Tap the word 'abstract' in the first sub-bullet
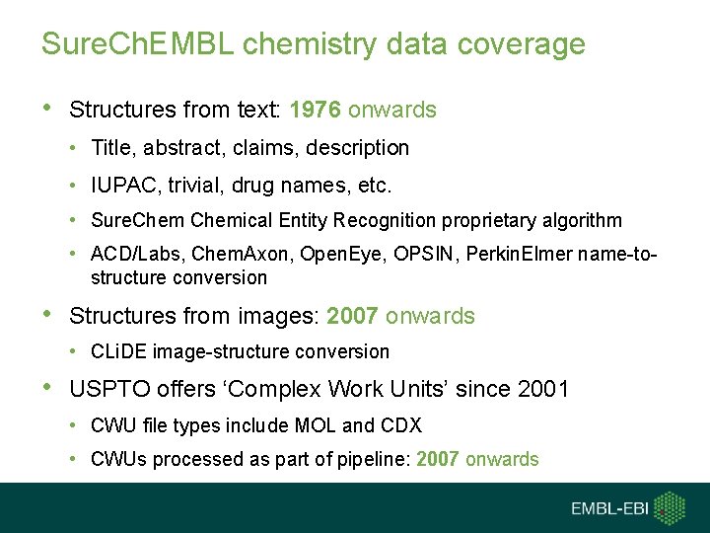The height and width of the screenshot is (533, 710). click(x=179, y=148)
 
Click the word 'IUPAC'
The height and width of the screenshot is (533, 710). click(x=120, y=185)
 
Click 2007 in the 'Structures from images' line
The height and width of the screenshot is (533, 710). click(x=352, y=317)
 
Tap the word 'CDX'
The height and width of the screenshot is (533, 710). click(x=401, y=425)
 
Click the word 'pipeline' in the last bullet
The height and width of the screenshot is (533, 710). click(x=340, y=459)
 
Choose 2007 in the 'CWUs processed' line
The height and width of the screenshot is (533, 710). click(x=438, y=459)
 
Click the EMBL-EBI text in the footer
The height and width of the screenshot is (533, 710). click(x=609, y=508)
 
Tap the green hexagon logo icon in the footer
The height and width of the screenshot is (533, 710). click(x=671, y=507)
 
